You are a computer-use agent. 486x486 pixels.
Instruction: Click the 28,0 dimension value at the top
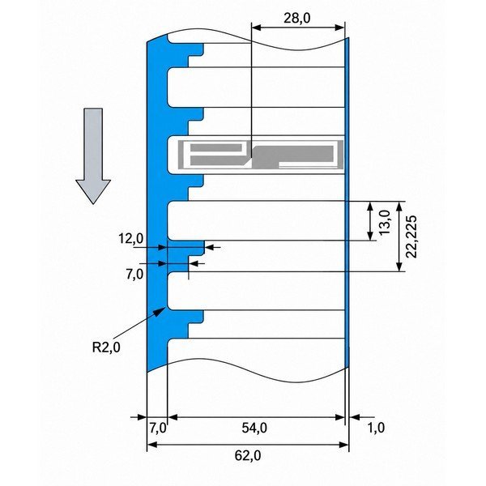point(297,19)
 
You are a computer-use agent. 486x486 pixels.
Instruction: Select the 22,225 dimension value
point(411,237)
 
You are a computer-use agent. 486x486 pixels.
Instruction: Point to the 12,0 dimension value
point(130,239)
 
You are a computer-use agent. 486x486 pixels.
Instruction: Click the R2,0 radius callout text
point(106,347)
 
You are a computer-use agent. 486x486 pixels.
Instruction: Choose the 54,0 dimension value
point(254,428)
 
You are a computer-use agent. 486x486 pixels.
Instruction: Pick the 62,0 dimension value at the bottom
point(248,455)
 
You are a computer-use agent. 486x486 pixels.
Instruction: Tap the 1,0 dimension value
point(376,428)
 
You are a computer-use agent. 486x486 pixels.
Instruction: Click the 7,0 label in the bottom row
point(158,428)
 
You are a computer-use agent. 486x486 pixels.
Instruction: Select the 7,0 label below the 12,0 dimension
point(134,275)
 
